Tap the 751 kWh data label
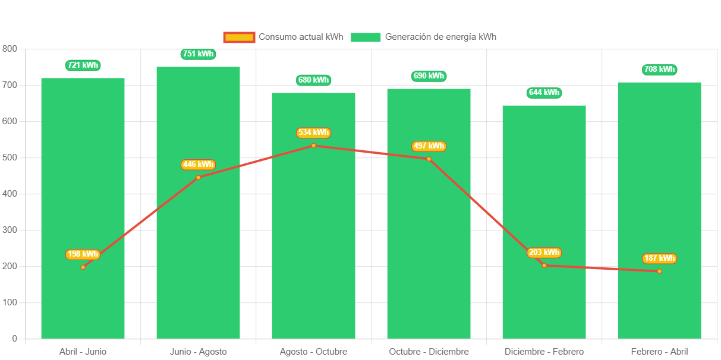198,54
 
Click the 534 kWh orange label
313,132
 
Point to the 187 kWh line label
659,258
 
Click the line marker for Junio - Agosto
198,177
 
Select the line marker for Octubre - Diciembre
429,159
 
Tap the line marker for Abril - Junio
83,267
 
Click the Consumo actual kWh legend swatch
239,37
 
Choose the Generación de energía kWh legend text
440,37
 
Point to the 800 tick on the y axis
10,48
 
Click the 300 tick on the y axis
10,230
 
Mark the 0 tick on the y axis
14,339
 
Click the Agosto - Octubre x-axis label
313,352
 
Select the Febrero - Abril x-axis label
659,352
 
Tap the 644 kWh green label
544,93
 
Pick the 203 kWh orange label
544,252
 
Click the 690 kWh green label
429,76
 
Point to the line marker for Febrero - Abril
659,271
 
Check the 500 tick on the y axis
10,157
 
